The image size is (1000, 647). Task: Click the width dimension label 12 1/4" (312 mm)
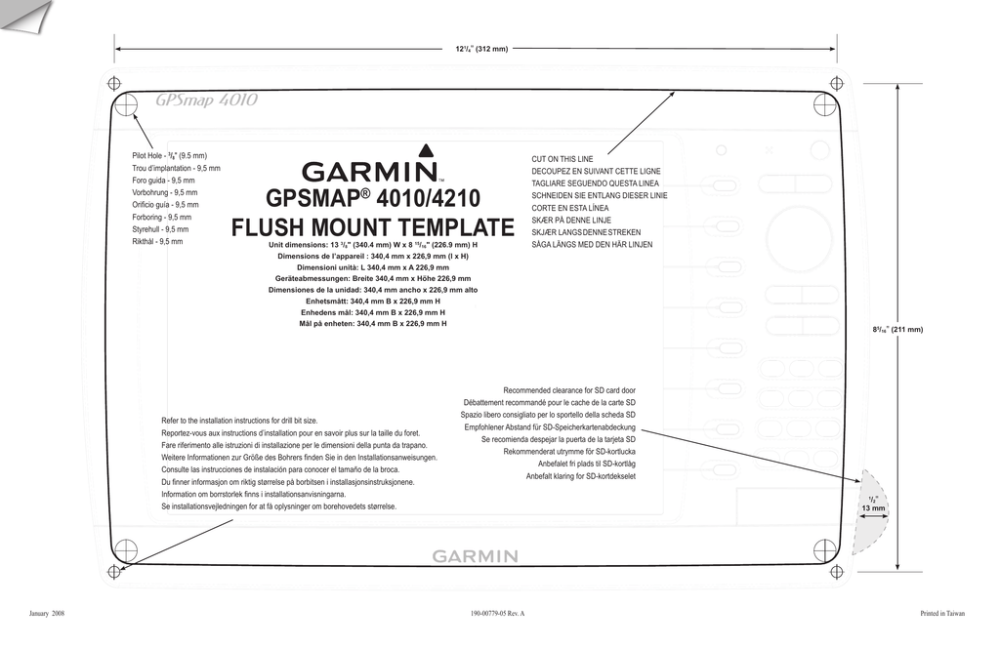[x=481, y=49]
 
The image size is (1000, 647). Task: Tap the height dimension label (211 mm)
[x=898, y=330]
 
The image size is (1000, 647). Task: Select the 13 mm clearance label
[x=873, y=508]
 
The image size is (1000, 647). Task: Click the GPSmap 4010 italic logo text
[x=207, y=101]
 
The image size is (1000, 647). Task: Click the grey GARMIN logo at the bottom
[x=476, y=556]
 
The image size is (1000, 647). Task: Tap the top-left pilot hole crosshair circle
[x=127, y=104]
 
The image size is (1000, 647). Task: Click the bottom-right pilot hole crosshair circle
[x=824, y=549]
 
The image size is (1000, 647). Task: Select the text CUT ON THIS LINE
[x=562, y=159]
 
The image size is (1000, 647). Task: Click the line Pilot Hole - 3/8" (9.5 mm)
[x=170, y=155]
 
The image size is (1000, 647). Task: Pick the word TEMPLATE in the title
[x=455, y=227]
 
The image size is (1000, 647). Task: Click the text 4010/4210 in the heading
[x=429, y=198]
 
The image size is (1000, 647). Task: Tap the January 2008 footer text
[x=47, y=614]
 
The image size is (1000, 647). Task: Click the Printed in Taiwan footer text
[x=942, y=614]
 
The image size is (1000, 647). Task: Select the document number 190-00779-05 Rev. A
[x=497, y=614]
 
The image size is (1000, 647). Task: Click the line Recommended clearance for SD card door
[x=569, y=390]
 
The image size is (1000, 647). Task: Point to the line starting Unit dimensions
[x=373, y=245]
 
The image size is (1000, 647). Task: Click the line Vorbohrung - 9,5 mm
[x=164, y=192]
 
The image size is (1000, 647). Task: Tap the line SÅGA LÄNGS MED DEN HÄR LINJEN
[x=593, y=245]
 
